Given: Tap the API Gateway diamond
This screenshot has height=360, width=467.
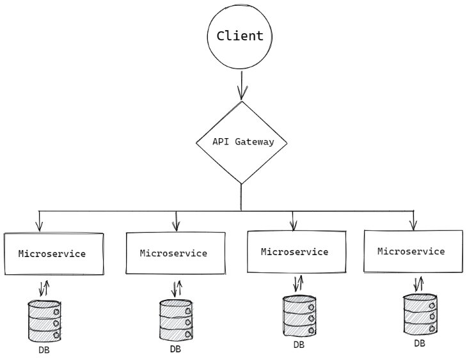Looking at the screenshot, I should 241,142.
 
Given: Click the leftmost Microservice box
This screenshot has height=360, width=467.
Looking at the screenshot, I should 54,254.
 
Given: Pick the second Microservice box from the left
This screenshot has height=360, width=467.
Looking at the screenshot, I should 175,253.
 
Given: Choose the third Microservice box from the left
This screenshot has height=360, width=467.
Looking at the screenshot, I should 296,252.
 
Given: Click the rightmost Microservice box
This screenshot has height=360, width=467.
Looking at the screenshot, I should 412,251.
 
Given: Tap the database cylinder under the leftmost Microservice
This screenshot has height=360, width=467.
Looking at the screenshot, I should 44,321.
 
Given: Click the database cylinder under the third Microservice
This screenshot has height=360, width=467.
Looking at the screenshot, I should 299,316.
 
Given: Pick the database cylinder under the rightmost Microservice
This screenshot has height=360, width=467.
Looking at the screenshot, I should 420,314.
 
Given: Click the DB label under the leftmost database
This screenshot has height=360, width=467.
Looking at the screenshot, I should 44,350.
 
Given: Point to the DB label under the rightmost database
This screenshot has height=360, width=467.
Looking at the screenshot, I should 420,343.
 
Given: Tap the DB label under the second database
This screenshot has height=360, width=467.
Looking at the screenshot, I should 175,349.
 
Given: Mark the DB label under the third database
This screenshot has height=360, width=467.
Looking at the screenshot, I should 299,345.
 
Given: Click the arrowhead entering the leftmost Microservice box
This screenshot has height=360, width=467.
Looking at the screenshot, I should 40,226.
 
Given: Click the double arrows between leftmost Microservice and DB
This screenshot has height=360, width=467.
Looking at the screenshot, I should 44,288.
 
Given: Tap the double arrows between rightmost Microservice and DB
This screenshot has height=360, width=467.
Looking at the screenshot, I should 419,283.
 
